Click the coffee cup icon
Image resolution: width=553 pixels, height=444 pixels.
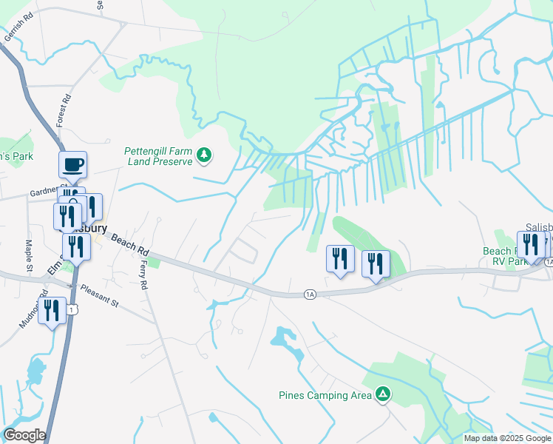pos(72,164)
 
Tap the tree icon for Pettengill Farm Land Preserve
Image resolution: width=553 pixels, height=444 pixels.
pos(205,155)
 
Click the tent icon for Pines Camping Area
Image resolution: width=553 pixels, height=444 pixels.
pos(382,394)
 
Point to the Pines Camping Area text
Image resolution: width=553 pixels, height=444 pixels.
pos(325,395)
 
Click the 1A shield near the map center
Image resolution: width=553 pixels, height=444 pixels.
pos(310,295)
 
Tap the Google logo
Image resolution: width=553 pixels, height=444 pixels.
pos(24,435)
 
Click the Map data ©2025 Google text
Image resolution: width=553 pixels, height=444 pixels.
pos(506,438)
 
